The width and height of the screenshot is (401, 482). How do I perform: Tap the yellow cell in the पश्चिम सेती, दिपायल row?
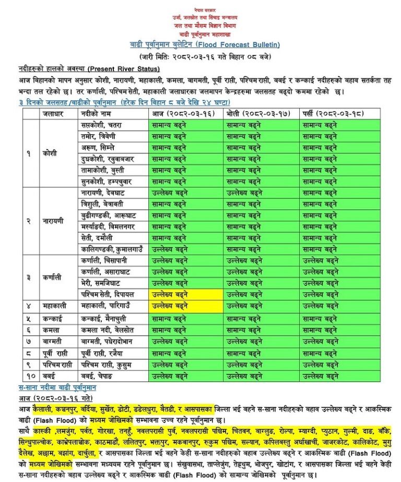click(186, 294)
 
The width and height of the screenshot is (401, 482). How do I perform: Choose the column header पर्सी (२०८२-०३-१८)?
click(337, 113)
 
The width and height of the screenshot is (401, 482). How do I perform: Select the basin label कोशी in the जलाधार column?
click(50, 153)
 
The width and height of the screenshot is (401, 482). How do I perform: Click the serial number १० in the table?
click(30, 375)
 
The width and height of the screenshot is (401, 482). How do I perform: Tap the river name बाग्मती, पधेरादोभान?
click(107, 341)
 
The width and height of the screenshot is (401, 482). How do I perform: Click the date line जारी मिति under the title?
click(205, 56)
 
